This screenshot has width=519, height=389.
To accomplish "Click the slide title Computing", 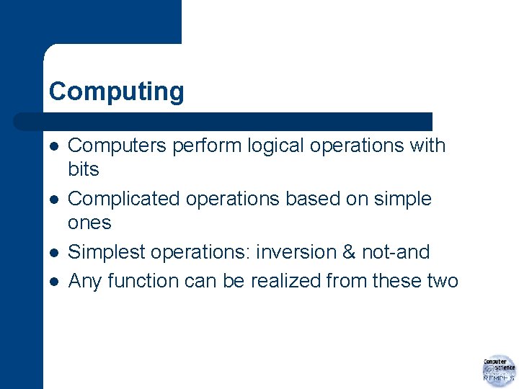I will (x=116, y=92).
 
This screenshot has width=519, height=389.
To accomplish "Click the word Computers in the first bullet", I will (x=116, y=146).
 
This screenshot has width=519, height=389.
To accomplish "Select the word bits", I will (x=83, y=170).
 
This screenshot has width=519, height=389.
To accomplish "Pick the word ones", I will (x=89, y=223).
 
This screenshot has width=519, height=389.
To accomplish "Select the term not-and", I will (x=398, y=252).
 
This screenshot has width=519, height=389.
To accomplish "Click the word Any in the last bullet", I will (x=85, y=281).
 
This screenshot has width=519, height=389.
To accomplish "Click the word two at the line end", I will (x=441, y=281).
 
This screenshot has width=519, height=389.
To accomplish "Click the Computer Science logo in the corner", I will (x=498, y=370).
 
